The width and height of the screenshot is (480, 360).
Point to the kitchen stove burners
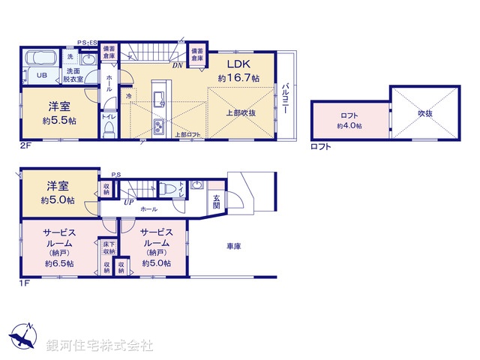click(x=158, y=125)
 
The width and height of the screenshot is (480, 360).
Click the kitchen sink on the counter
click(x=158, y=97)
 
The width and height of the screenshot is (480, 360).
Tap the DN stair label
click(x=177, y=65)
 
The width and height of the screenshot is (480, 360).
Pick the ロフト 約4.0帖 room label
click(x=349, y=120)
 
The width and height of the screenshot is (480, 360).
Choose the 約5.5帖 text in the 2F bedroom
click(x=57, y=119)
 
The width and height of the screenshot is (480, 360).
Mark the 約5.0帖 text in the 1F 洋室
click(x=57, y=200)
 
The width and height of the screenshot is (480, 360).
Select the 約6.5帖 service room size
click(x=58, y=263)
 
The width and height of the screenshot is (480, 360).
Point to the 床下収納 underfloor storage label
click(x=107, y=247)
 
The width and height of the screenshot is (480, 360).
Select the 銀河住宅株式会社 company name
click(x=100, y=346)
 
